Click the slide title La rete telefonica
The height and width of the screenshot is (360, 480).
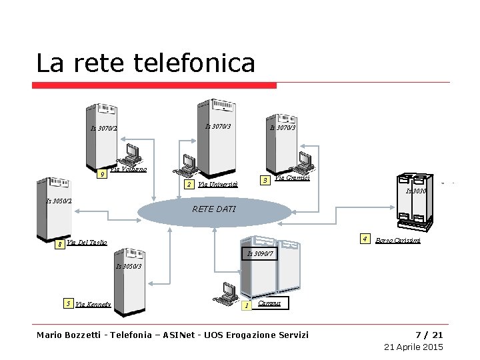coord(145,63)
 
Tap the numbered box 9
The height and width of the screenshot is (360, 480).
coord(101,175)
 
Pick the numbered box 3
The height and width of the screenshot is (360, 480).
coord(265,181)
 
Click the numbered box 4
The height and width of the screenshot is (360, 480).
coord(365,239)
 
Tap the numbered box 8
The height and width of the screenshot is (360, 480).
coord(60,245)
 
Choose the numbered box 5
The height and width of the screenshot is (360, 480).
coord(68,304)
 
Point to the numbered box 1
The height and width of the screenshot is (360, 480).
coord(247,305)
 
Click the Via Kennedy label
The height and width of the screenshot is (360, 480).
coord(93,305)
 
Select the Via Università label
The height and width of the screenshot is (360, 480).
coord(217,185)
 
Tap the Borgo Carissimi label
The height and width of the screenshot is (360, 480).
coord(398,240)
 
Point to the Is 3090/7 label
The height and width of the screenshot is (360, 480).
coord(260,253)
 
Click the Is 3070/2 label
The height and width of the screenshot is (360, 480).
coord(104,129)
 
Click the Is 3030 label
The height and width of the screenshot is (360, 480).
coord(416,191)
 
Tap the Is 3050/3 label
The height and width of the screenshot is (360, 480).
coord(129,266)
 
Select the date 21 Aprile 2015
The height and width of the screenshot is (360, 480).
coord(413,347)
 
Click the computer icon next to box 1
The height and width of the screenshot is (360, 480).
coord(229,291)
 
